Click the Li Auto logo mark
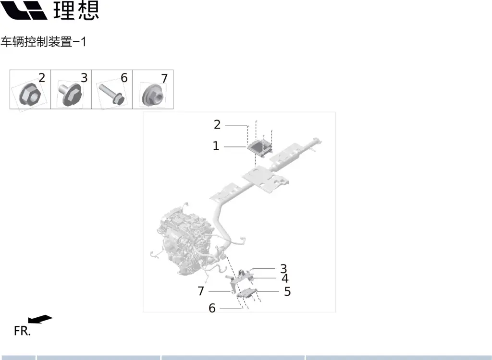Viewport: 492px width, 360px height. (24, 10)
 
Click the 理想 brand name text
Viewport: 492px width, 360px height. (76, 10)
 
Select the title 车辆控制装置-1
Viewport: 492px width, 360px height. (43, 42)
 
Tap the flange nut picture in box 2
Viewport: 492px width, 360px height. (29, 95)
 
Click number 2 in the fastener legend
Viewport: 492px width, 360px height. (42, 78)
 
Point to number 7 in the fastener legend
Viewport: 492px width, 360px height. (164, 78)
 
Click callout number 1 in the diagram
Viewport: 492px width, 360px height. (216, 146)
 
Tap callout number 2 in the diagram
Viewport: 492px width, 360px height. (217, 125)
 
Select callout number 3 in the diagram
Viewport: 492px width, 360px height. (283, 268)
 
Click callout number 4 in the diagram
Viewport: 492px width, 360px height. (285, 278)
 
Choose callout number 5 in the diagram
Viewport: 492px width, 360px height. (287, 291)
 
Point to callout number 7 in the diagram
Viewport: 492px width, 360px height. (201, 291)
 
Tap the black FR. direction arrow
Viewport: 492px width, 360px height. (40, 319)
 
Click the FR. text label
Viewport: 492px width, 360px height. (22, 331)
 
